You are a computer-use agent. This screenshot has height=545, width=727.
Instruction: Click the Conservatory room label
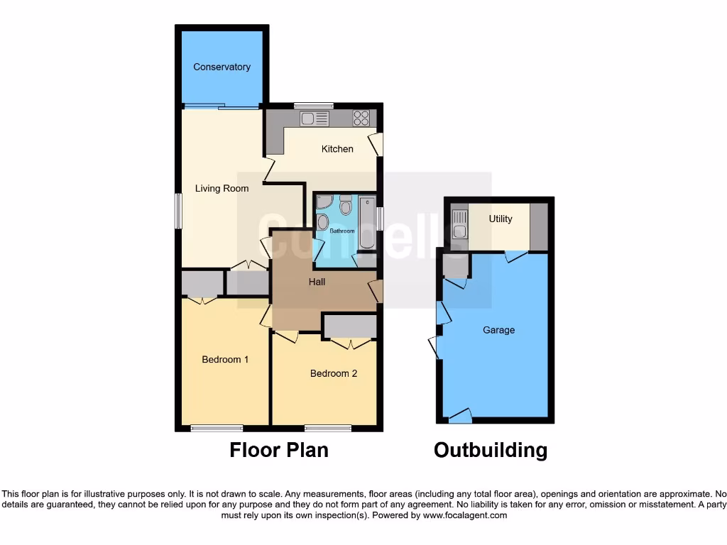[x=222, y=67]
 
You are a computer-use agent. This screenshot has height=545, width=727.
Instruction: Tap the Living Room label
[x=222, y=189]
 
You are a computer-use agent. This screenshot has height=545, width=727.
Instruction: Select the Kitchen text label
[x=337, y=149]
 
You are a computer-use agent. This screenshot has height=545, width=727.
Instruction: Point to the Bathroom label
[x=341, y=231]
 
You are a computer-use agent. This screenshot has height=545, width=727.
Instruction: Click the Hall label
[x=317, y=282]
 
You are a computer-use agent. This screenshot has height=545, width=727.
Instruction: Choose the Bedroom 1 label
[x=225, y=360]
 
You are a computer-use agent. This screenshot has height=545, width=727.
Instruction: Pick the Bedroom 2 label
[x=334, y=373]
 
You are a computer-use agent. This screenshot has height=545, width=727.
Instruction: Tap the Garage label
[x=498, y=330]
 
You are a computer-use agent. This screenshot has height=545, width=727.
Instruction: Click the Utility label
[x=500, y=219]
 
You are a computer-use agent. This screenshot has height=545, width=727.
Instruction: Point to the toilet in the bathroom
[x=346, y=205]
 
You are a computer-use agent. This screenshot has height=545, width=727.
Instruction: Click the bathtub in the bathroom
[x=367, y=223]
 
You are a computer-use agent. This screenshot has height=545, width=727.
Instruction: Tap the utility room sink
[x=459, y=225]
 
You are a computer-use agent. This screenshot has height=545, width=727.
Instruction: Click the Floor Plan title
[x=278, y=450]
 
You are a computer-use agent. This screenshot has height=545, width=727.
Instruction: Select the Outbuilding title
[x=491, y=450]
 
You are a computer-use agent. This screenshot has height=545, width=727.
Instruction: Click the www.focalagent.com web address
[x=466, y=515]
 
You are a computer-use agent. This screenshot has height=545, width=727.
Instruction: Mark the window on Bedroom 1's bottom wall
[x=217, y=428]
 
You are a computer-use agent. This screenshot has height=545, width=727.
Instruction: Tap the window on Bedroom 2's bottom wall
[x=328, y=428]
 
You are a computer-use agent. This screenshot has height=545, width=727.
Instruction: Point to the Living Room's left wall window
[x=178, y=211]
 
